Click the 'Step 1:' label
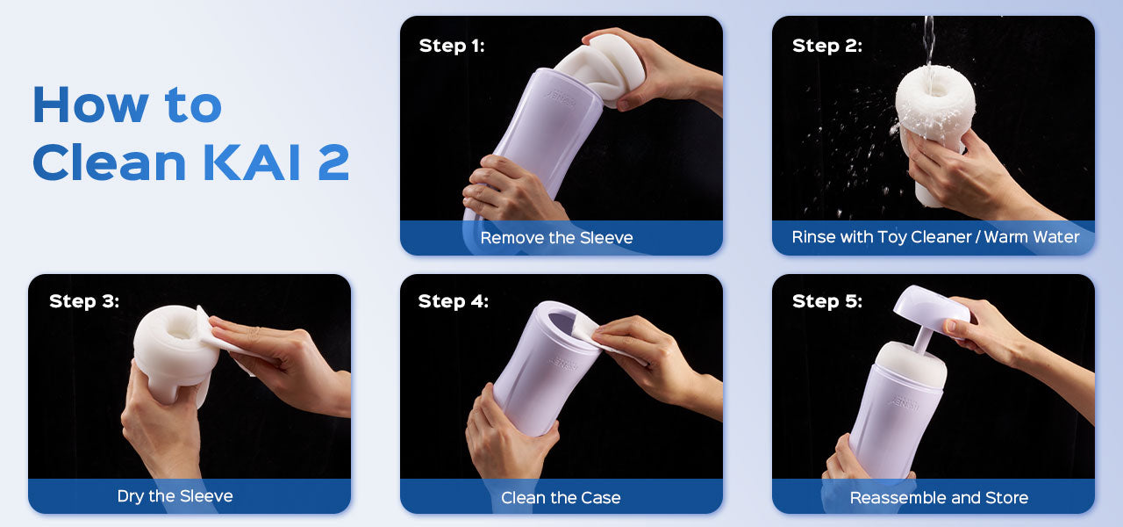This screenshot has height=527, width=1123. (452, 46)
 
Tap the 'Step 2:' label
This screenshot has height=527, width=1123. (827, 46)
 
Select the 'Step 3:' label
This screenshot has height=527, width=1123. (84, 301)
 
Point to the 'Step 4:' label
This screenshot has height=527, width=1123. (454, 301)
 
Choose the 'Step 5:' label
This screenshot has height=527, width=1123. (827, 301)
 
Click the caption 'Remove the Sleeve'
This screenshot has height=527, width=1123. (556, 237)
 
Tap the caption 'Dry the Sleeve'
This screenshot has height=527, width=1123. (175, 496)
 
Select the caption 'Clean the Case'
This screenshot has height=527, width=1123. (561, 497)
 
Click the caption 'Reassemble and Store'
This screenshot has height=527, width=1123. (939, 497)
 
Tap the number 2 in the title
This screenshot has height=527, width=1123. (333, 162)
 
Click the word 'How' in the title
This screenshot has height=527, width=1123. (90, 105)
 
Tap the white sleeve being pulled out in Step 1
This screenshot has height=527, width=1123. (602, 68)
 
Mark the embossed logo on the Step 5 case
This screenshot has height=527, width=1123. (904, 401)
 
